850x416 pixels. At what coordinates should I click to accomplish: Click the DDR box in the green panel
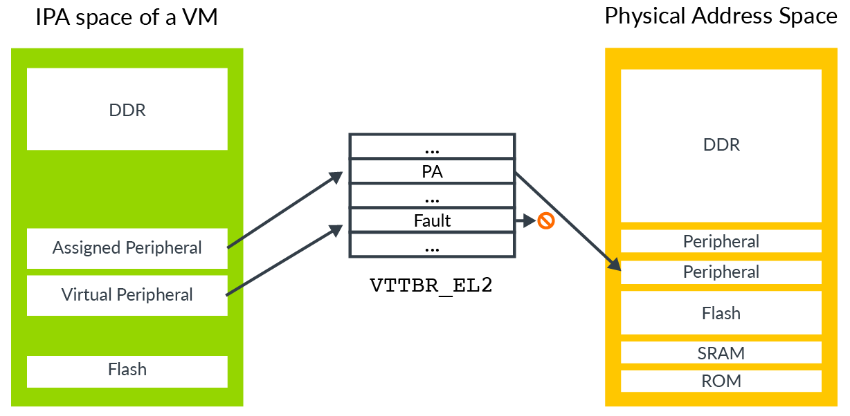pyautogui.click(x=127, y=109)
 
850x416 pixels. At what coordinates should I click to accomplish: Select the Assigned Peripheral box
pyautogui.click(x=127, y=248)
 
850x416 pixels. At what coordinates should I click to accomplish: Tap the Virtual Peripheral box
pyautogui.click(x=127, y=295)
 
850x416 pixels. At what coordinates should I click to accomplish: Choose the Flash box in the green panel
pyautogui.click(x=127, y=370)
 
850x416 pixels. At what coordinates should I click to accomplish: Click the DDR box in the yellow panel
pyautogui.click(x=721, y=145)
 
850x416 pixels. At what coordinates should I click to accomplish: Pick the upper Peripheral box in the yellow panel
pyautogui.click(x=721, y=241)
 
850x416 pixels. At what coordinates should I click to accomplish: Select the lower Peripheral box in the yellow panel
pyautogui.click(x=721, y=272)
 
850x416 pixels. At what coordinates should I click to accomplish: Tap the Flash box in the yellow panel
pyautogui.click(x=721, y=313)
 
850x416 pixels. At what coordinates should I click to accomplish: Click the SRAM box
pyautogui.click(x=721, y=352)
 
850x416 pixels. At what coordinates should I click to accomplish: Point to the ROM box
pyautogui.click(x=721, y=381)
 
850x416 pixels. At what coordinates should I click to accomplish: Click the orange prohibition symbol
pyautogui.click(x=546, y=221)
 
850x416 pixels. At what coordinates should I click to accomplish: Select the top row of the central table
pyautogui.click(x=433, y=146)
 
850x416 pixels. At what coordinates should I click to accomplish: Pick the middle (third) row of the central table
pyautogui.click(x=433, y=196)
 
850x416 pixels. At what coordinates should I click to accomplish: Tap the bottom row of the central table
pyautogui.click(x=433, y=245)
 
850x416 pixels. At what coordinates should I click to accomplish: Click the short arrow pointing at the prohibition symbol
pyautogui.click(x=525, y=221)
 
